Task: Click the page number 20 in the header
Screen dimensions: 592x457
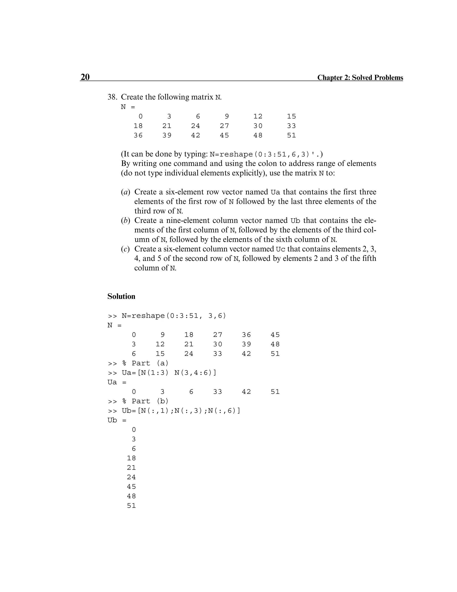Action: [x=85, y=77]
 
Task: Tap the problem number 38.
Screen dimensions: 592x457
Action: [x=112, y=97]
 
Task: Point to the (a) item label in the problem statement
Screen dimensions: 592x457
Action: [x=125, y=192]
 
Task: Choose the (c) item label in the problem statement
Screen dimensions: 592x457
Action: [x=125, y=249]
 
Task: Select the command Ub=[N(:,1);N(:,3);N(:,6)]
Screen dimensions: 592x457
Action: [x=181, y=411]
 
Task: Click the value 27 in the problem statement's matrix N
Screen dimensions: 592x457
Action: [x=224, y=126]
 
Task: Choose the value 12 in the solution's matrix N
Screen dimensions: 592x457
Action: [x=160, y=344]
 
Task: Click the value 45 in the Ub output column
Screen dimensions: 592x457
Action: [x=131, y=487]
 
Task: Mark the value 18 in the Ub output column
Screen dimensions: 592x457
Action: [x=131, y=458]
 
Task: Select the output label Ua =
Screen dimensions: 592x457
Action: [x=117, y=382]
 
